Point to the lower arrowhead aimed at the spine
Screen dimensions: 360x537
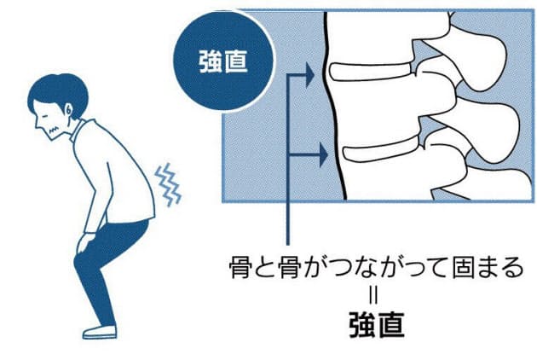coord(321,155)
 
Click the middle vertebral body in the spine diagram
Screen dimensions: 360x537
coord(375,111)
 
